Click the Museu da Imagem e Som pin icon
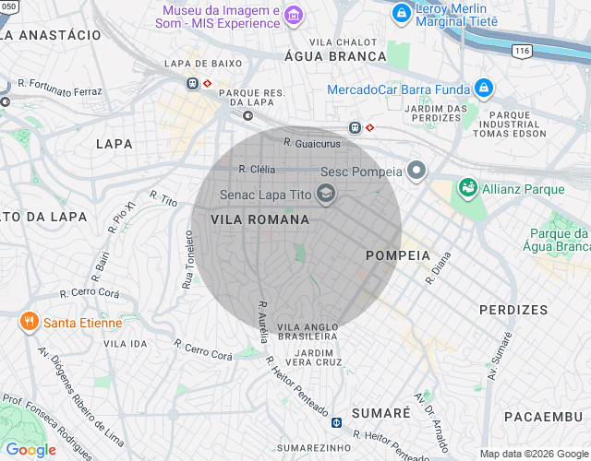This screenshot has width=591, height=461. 294,15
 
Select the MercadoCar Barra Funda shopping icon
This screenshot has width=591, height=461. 484,89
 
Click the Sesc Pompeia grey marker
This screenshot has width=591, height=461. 417,171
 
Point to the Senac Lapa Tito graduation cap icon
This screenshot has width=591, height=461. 325,194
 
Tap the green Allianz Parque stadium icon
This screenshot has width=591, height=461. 468,188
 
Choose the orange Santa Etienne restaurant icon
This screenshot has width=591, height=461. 29,322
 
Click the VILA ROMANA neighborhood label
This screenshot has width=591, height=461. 259,220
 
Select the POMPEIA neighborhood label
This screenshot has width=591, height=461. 398,254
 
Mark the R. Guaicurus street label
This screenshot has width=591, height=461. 312,144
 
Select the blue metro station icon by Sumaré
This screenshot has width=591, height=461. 337,422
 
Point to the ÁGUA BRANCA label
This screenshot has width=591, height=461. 335,56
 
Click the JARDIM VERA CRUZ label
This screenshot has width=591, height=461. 314,356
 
